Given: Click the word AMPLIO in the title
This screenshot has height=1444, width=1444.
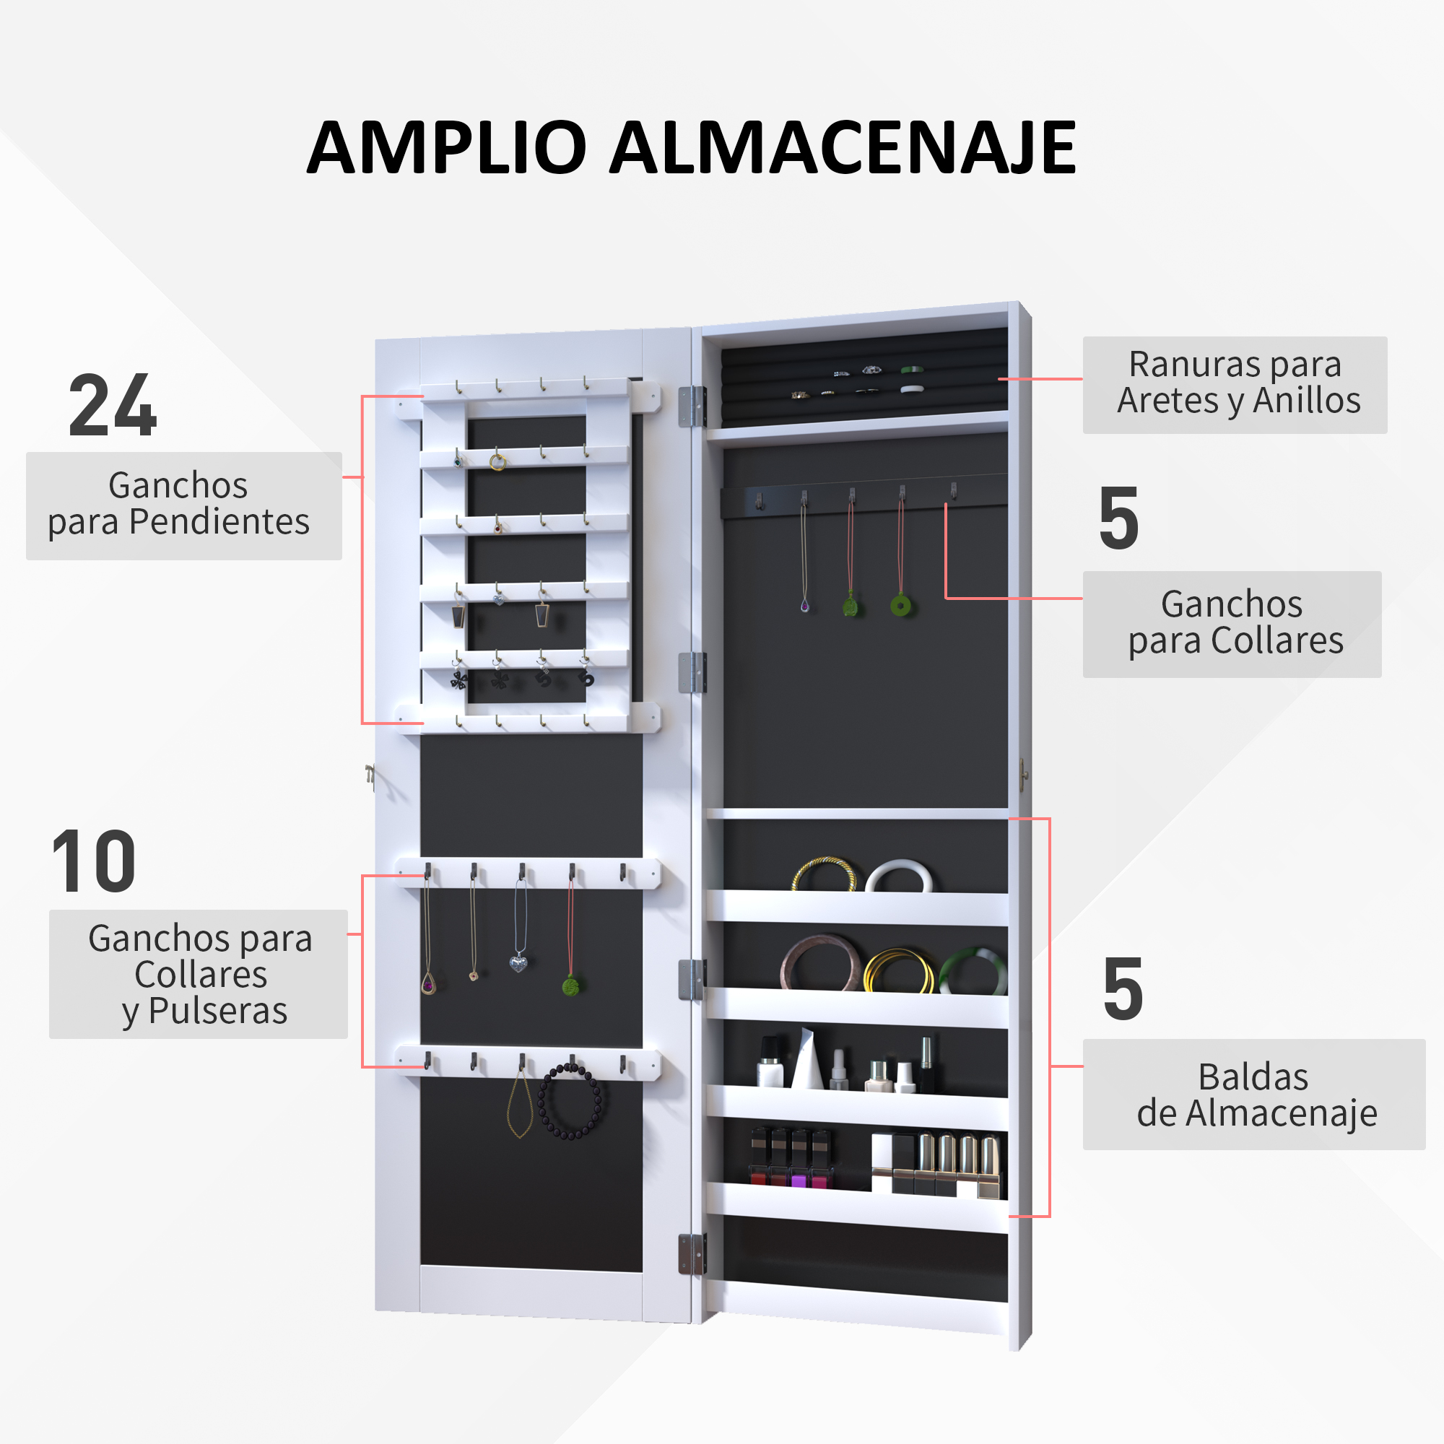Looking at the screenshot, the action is (x=446, y=147).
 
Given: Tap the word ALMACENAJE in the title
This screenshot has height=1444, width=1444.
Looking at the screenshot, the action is (x=843, y=147).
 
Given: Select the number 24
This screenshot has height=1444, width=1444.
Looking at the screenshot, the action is (x=113, y=404).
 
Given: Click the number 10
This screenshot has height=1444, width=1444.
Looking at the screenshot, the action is (x=94, y=862).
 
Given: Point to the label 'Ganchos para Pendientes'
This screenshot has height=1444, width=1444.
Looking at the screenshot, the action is (x=178, y=503).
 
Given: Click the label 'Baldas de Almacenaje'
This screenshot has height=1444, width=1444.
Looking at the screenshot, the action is (x=1256, y=1095).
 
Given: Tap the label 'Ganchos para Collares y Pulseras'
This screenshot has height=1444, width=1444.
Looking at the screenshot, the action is (x=199, y=975).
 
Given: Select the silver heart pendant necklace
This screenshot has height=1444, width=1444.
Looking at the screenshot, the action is (x=518, y=962).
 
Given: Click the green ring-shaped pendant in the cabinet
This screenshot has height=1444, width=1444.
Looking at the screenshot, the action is (x=901, y=604).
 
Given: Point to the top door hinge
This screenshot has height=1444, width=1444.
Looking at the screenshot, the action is (x=692, y=406).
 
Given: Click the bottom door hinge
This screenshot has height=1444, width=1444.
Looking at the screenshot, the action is (x=692, y=1254).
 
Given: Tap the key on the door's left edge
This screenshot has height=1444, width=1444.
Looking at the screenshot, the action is (x=370, y=777).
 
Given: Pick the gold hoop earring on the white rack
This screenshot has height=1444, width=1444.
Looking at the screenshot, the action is (x=497, y=462).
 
